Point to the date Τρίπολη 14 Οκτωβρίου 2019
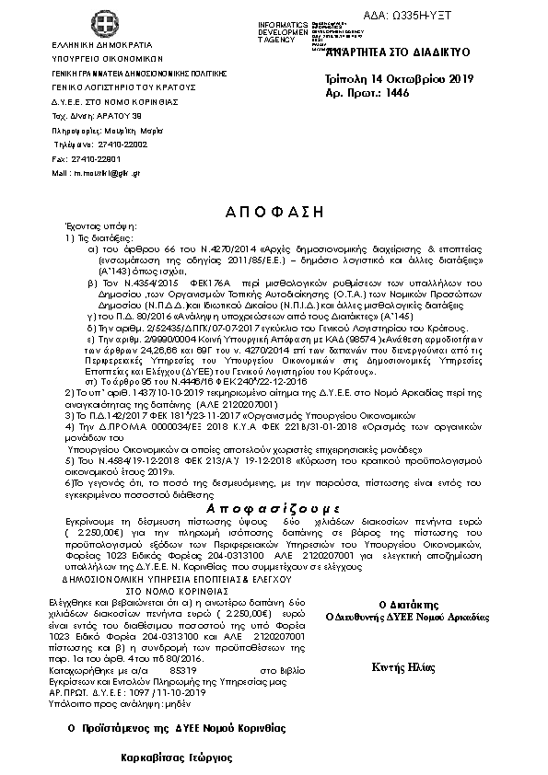pyautogui.click(x=399, y=79)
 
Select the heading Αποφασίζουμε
pyautogui.click(x=274, y=508)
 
